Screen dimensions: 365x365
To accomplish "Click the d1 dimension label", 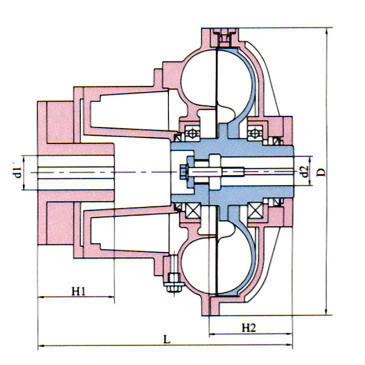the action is coord(18,172).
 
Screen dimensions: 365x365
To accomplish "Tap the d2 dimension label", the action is coord(305,171).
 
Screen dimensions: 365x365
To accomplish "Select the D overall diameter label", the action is coord(321,172).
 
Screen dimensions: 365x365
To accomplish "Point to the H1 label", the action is coord(78,291).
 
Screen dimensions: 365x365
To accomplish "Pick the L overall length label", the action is coord(167,339).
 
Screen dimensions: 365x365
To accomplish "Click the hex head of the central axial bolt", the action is coord(183,172).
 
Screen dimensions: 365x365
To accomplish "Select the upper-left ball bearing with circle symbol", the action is coord(192,133).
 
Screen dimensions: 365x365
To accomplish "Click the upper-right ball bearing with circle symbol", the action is coord(255,133).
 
